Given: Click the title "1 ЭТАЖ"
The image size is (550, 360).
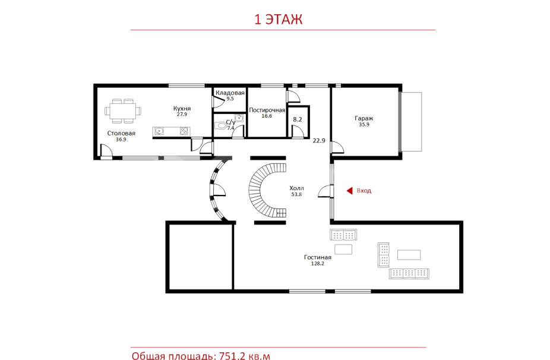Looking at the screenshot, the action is (x=278, y=19).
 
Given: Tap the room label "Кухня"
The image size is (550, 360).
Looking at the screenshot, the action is (x=182, y=109).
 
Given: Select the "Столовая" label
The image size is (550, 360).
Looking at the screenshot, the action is (x=121, y=133).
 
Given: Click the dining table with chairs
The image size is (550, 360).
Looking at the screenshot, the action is (x=123, y=111).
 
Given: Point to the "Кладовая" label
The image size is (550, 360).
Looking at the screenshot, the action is (x=230, y=93).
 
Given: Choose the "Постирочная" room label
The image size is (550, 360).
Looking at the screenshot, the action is (x=267, y=110).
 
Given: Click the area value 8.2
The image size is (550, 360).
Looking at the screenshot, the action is (x=298, y=119).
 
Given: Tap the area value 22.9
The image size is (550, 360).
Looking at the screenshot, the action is (x=319, y=140).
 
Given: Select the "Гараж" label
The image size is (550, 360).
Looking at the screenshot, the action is (x=363, y=119).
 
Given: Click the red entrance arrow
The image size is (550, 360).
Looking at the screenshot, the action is (x=349, y=191).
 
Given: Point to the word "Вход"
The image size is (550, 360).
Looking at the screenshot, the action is (x=363, y=191).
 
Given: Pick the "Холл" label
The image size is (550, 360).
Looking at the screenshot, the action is (x=296, y=188).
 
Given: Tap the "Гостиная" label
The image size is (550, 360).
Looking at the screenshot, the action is (x=317, y=257).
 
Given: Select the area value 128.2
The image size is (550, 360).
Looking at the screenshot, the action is (x=317, y=264).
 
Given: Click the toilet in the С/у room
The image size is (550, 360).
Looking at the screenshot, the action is (x=220, y=125).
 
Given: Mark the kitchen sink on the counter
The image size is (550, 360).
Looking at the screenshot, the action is (x=159, y=131).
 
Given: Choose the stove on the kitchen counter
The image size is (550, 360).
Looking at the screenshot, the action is (x=184, y=131).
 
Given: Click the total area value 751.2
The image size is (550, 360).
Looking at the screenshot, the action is (x=232, y=356).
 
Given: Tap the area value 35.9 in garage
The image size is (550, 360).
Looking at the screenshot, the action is (x=363, y=125).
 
